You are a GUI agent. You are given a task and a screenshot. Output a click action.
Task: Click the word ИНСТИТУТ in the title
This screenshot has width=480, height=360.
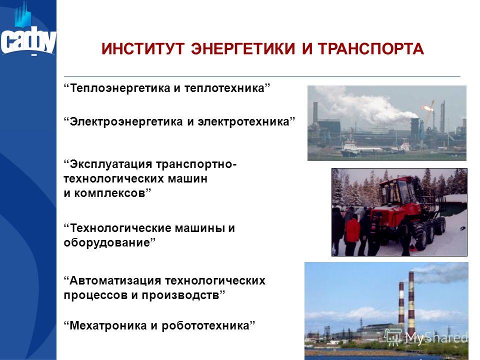coord(143,49)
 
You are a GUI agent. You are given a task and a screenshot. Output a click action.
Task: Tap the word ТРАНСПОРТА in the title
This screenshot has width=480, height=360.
coord(370,49)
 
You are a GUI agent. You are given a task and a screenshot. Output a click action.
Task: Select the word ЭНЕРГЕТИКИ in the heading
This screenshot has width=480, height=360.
coord(243,49)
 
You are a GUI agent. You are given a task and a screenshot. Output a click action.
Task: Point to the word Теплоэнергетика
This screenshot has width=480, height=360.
coord(120,88)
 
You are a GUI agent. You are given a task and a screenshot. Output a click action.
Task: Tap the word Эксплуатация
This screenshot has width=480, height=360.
coord(111,164)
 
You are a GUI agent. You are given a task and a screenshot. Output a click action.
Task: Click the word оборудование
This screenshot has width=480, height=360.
coord(107,243)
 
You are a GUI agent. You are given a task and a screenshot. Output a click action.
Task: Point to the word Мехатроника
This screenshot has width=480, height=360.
coord(108,325)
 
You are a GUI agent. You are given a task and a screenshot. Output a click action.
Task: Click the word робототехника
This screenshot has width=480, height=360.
coord(205,325)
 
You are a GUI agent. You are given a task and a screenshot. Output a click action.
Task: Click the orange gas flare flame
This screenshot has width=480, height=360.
coord(427,107)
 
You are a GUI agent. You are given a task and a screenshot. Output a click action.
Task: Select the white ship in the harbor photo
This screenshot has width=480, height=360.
coord(351,148)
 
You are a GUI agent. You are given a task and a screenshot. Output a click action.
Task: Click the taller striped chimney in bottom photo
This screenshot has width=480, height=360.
coord(411,303)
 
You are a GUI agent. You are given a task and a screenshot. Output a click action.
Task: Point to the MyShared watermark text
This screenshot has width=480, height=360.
coord(436,337)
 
